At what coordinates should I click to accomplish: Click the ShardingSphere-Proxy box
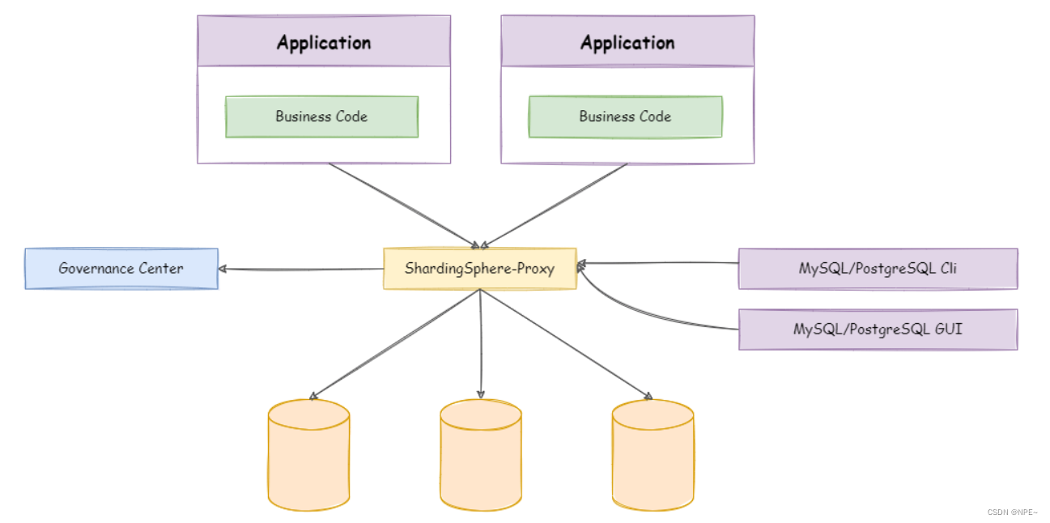click(x=479, y=269)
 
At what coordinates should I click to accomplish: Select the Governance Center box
click(x=121, y=269)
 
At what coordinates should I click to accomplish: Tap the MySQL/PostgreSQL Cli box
click(x=878, y=269)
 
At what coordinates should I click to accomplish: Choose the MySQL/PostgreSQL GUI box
click(x=878, y=330)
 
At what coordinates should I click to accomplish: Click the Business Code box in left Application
click(x=321, y=117)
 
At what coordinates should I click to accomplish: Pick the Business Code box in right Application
click(x=625, y=117)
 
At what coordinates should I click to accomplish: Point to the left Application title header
click(x=324, y=42)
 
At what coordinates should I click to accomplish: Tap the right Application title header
click(x=627, y=42)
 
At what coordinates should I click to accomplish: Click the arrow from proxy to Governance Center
click(x=300, y=270)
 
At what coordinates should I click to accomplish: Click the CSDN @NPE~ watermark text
click(x=1013, y=512)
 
